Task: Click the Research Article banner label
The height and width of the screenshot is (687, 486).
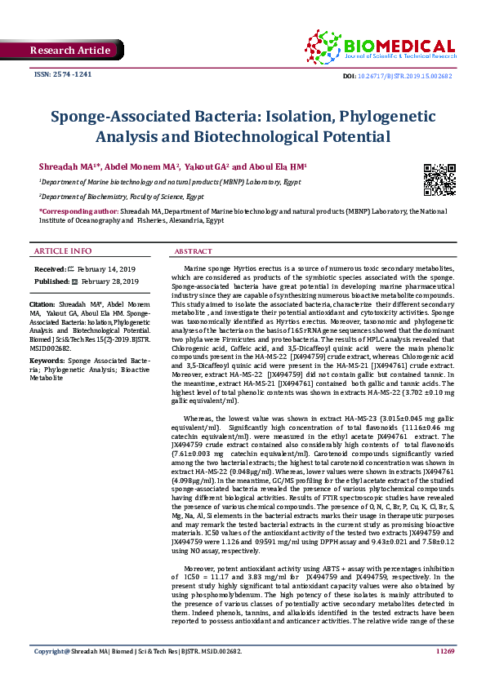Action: point(69,51)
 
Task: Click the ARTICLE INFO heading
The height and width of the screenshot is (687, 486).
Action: point(62,250)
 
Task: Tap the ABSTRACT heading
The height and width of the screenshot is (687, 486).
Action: point(194,251)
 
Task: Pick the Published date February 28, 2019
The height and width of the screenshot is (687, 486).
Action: point(109,281)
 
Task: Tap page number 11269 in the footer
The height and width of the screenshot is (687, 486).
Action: point(444,674)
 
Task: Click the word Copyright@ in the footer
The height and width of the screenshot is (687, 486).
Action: point(50,674)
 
